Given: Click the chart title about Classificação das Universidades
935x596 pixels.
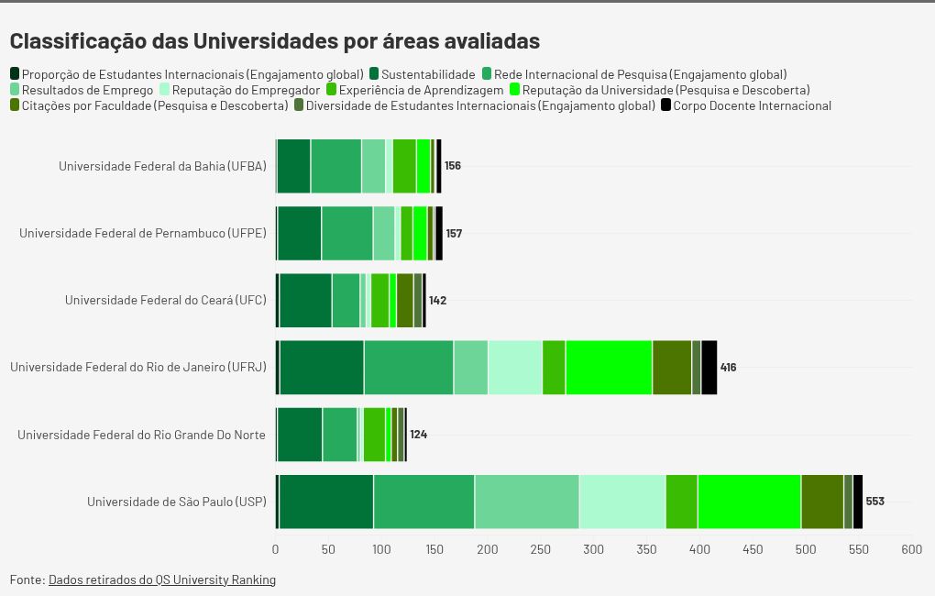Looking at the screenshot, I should pos(274,41).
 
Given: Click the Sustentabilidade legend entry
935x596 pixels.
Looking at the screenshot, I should pos(427,74).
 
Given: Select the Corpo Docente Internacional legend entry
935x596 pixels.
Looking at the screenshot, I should pos(751,105).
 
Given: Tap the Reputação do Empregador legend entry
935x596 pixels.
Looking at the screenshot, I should pos(246,90).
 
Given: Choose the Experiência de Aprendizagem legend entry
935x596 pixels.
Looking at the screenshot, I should pos(421,90).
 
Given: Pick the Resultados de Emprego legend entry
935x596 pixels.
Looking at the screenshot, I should pos(87,90).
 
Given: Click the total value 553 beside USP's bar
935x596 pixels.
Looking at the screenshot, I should pos(874,502).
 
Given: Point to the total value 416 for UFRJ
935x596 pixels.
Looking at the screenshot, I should pos(728,367).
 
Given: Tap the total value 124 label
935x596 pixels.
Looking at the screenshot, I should pos(418,434).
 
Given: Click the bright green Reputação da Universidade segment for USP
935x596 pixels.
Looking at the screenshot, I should pos(749,502).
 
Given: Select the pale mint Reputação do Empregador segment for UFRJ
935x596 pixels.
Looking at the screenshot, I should pos(515,367).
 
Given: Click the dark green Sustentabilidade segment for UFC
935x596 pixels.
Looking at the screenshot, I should pos(305,300).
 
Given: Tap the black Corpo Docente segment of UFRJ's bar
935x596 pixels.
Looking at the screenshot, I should pos(709,367).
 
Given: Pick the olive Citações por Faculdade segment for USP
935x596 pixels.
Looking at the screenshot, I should pos(822,502).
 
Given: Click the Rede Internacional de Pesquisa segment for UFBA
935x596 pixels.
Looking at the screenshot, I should pos(335,166).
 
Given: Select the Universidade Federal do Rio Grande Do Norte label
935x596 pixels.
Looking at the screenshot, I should pos(141,434).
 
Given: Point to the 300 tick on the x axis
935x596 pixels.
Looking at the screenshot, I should pos(594,549).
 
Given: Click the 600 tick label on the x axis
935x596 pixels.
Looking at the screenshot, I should pos(911,549).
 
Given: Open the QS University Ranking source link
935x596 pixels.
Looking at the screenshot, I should pos(161,579).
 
